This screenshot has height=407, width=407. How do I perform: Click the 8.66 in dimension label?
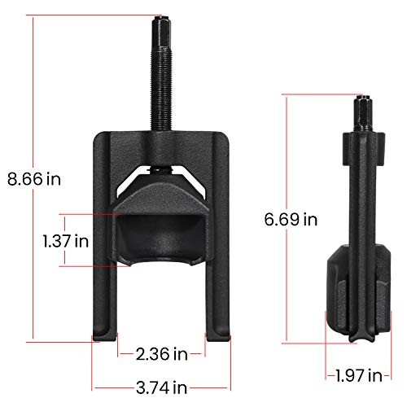pyautogui.click(x=34, y=179)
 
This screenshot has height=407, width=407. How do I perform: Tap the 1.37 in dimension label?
pyautogui.click(x=66, y=241)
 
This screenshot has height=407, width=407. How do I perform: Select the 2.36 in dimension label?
pyautogui.click(x=162, y=354)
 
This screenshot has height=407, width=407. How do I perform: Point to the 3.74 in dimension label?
pyautogui.click(x=161, y=387)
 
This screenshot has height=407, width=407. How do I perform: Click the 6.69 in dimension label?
pyautogui.click(x=291, y=219)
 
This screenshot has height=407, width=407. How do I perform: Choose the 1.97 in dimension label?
pyautogui.click(x=359, y=375)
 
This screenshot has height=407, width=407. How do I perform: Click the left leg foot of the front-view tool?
pyautogui.click(x=105, y=336)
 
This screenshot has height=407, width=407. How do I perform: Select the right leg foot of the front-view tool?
pyautogui.click(x=218, y=336)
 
